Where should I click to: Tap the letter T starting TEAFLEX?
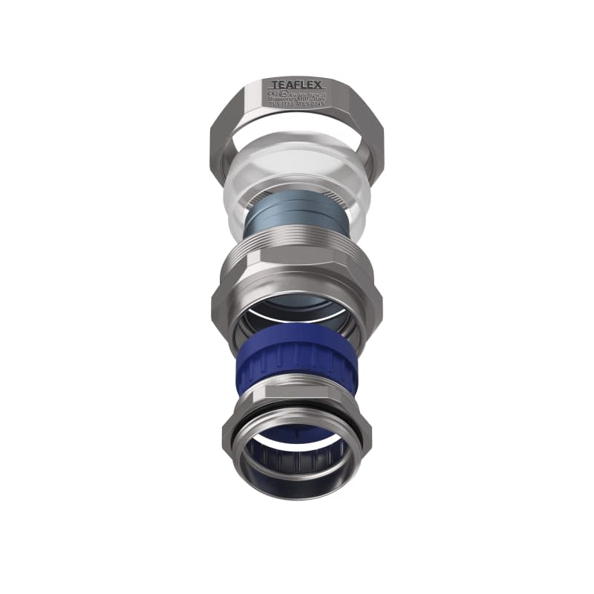[274, 85]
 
